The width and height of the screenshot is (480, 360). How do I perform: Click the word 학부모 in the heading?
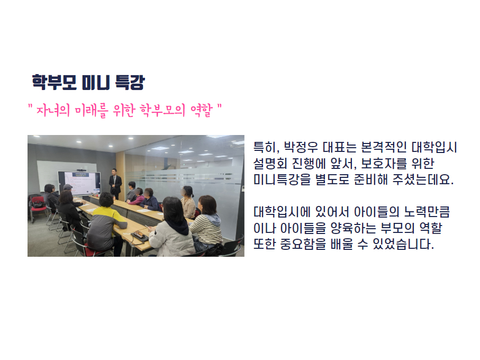pyautogui.click(x=54, y=82)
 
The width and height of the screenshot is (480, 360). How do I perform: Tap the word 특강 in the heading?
pyautogui.click(x=130, y=82)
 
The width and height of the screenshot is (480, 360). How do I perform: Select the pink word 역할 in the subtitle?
pyautogui.click(x=202, y=110)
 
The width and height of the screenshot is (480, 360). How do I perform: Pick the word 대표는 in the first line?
pyautogui.click(x=340, y=147)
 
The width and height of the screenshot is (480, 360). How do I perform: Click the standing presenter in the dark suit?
pyautogui.click(x=115, y=183)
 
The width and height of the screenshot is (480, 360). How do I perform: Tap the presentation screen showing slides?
pyautogui.click(x=79, y=183)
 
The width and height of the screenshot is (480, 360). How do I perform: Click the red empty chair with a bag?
pyautogui.click(x=38, y=207)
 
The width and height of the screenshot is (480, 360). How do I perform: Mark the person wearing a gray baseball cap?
pyautogui.click(x=69, y=191)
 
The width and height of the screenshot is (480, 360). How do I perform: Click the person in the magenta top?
pyautogui.click(x=137, y=197)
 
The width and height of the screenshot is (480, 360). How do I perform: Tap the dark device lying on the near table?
pyautogui.click(x=140, y=235)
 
